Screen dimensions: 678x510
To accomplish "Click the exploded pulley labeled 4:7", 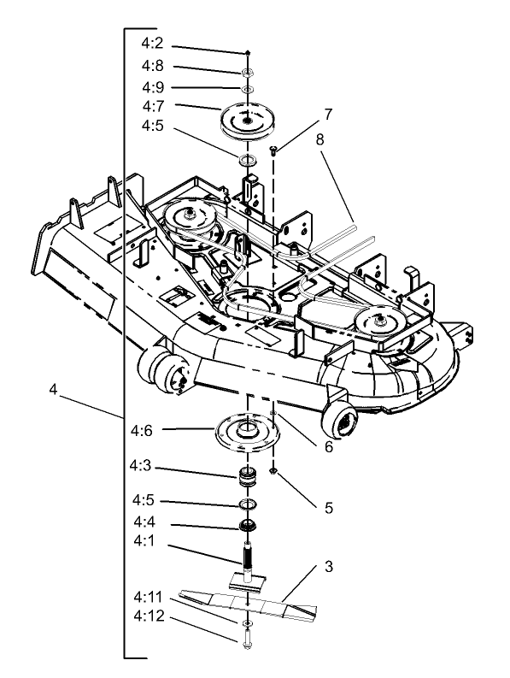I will coord(247,121).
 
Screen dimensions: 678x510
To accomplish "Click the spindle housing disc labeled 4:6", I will coord(248,430).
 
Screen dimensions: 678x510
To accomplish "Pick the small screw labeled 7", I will coord(273,151).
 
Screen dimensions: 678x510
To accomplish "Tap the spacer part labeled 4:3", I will coord(249,476).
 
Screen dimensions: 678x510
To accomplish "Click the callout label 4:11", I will coord(147,614).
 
